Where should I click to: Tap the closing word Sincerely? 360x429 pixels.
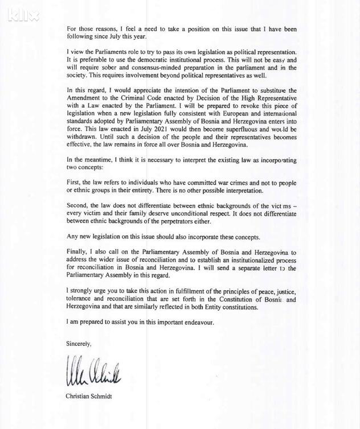tap(79, 344)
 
